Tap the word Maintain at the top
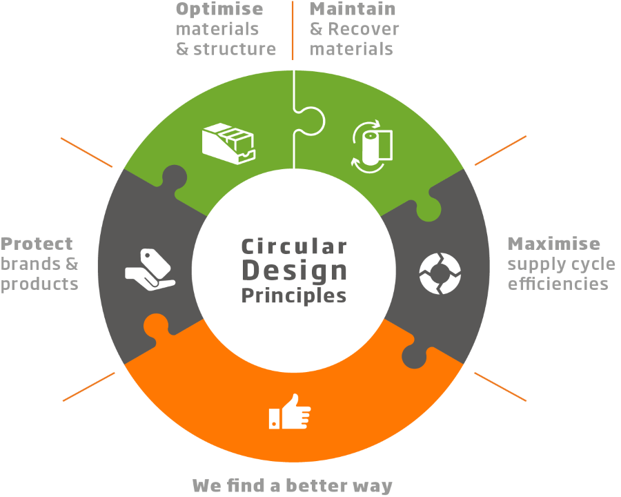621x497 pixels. click(353, 10)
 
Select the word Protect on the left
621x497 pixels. click(37, 244)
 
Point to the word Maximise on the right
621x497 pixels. click(553, 244)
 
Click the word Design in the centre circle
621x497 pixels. click(294, 271)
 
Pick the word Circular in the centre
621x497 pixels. click(294, 246)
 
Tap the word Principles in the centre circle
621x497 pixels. click(294, 295)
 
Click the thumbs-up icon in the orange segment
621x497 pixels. click(290, 412)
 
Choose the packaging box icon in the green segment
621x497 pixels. click(228, 141)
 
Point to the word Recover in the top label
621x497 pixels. click(364, 30)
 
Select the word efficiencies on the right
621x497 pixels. click(558, 284)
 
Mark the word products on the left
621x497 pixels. click(39, 284)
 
